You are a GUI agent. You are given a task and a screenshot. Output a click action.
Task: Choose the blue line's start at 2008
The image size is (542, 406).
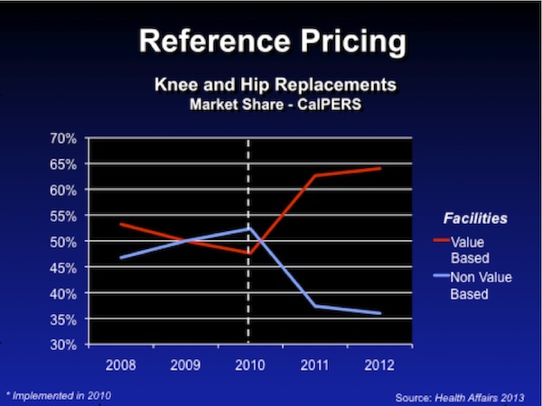click(121, 258)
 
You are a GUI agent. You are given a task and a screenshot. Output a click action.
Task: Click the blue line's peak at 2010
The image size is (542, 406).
click(248, 228)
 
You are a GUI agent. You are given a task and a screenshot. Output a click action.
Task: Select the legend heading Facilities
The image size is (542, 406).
click(475, 218)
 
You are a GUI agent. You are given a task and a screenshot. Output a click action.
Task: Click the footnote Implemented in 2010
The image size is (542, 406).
click(60, 395)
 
